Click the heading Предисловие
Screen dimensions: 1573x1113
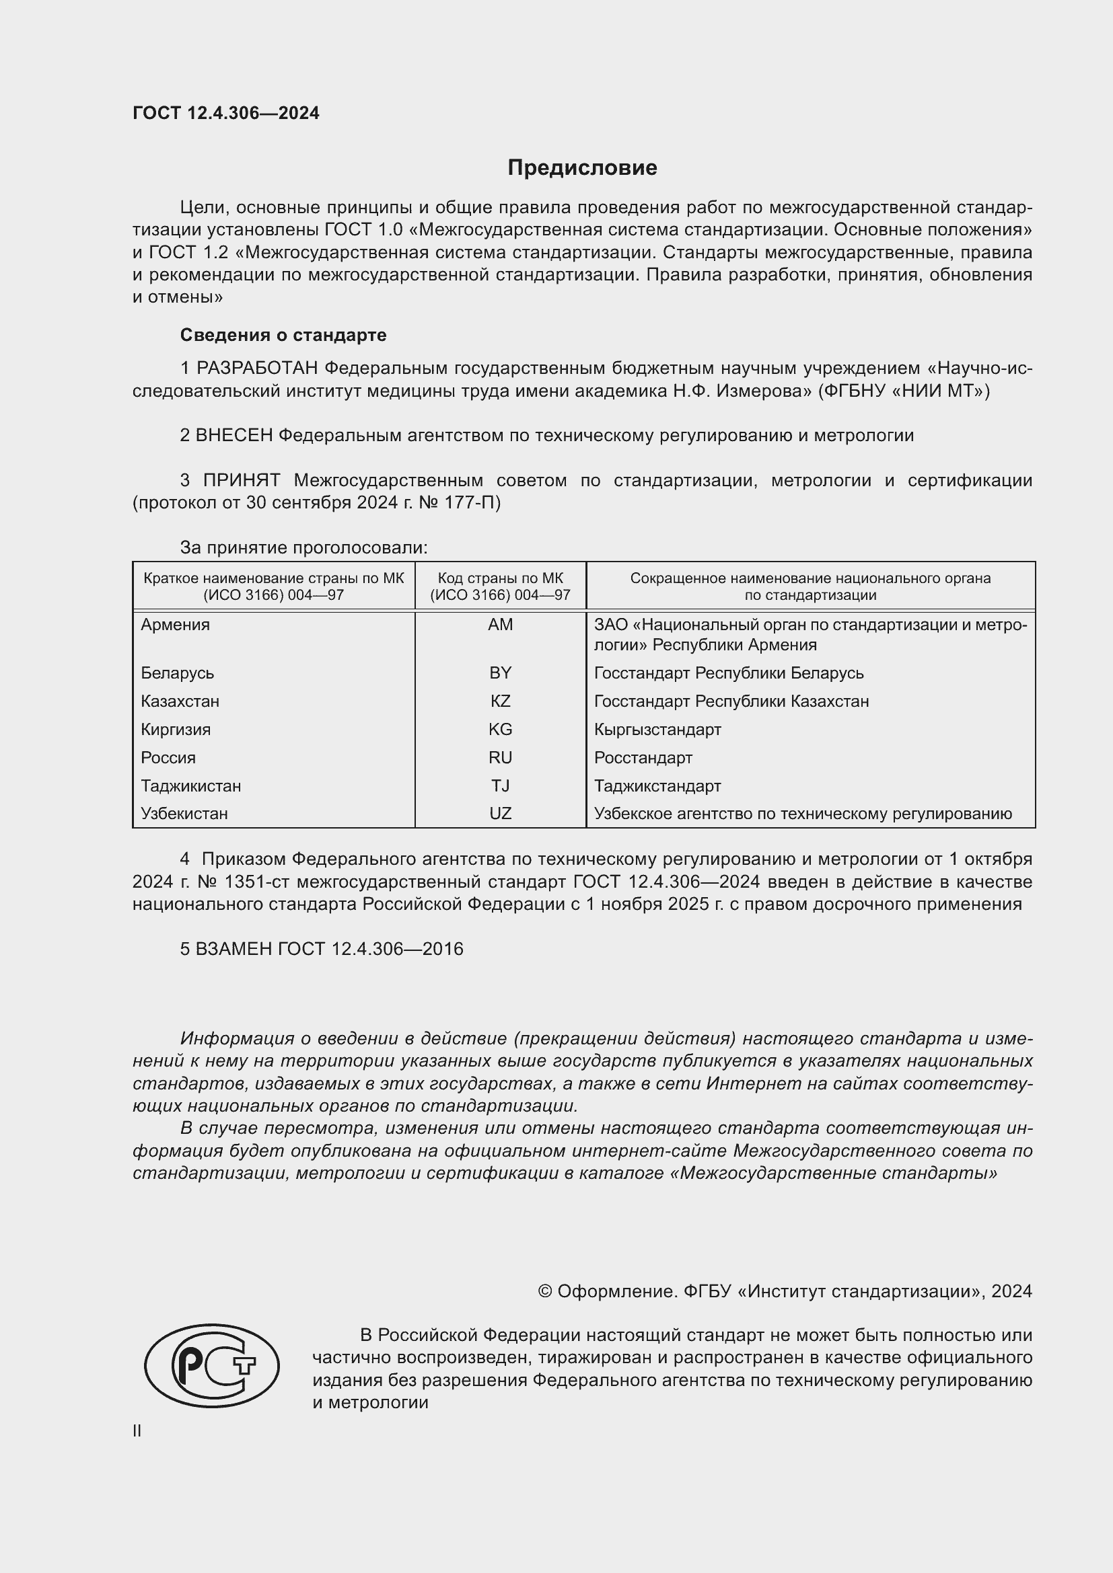582,168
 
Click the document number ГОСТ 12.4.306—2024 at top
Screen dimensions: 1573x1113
225,113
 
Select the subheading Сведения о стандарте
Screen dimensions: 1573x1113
283,335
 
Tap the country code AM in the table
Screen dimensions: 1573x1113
500,625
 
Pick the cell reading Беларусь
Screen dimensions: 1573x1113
178,673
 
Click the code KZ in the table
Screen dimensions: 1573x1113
500,701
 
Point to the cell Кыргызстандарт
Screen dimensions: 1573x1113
657,730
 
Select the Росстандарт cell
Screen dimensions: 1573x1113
643,758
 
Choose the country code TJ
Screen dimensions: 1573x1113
500,785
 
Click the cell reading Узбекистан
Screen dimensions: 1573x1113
184,814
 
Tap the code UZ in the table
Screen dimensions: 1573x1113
500,814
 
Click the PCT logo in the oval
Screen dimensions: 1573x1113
212,1365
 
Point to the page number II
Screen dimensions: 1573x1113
137,1431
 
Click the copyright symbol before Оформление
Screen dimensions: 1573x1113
545,1291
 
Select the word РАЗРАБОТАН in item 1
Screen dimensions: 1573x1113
257,369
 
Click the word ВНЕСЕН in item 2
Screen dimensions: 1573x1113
234,436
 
